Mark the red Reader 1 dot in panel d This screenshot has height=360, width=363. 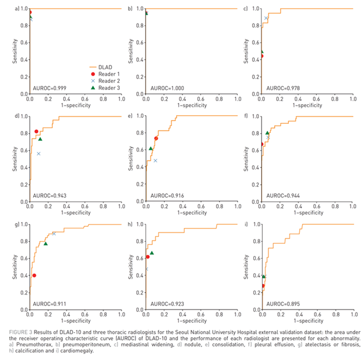click(37, 131)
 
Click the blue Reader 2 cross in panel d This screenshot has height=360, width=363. click(39, 154)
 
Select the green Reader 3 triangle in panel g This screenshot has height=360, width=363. click(46, 244)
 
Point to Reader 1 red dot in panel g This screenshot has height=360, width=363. click(34, 275)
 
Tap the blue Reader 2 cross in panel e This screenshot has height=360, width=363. click(155, 160)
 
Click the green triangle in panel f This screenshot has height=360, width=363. click(267, 133)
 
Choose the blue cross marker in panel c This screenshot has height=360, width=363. click(266, 18)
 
